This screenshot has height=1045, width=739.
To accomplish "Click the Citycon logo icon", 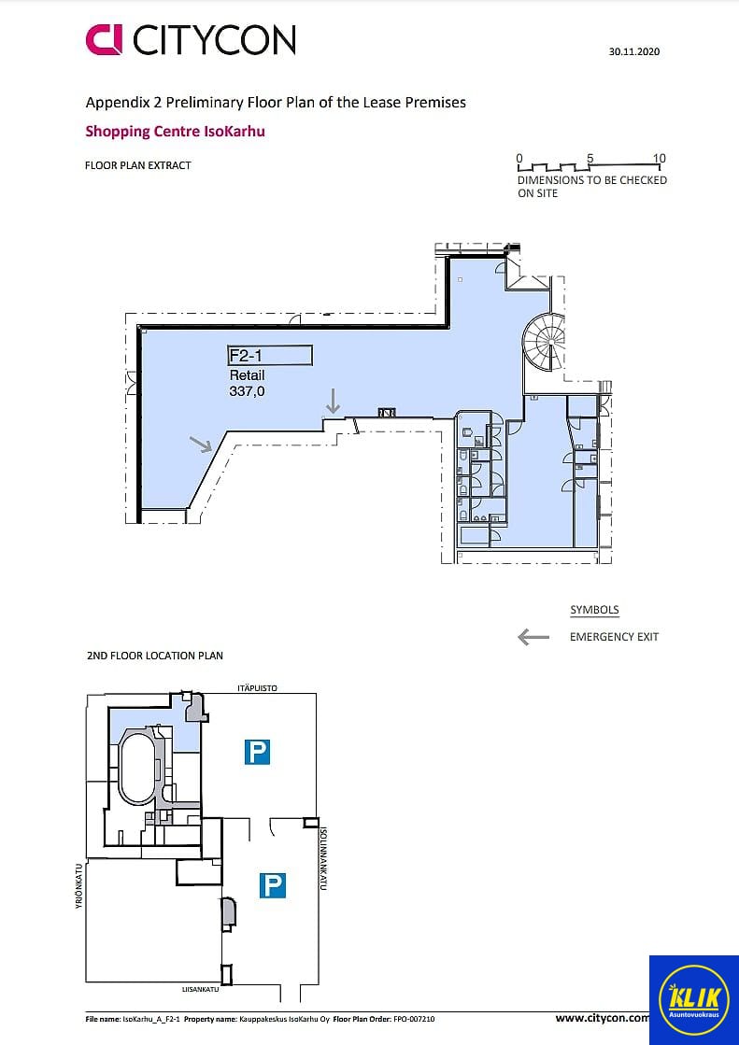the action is point(104,40).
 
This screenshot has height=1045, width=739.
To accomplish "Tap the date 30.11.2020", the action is point(634,51).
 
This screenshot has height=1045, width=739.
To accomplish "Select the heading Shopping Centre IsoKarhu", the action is point(175,132).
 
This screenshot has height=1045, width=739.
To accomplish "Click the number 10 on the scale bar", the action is point(659,158).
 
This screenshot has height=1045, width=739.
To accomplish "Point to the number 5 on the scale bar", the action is point(590,158).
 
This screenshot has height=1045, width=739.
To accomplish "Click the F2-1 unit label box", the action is point(270,355).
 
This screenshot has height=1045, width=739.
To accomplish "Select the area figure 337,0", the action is point(247,391).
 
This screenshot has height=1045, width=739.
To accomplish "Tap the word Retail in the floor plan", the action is point(247,375).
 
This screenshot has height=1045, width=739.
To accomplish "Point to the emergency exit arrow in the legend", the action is point(533,637).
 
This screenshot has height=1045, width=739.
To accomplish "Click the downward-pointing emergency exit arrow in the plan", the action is point(333,401).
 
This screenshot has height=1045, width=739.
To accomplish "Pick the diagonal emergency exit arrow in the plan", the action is point(201,445).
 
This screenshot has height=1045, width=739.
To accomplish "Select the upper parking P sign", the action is point(257,752).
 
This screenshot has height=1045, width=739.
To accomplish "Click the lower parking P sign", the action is point(273,885).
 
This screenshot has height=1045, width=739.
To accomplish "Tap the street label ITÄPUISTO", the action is point(258,687).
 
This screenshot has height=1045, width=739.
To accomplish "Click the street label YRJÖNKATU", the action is point(78,886).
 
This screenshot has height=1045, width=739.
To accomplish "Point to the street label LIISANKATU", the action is point(200,990).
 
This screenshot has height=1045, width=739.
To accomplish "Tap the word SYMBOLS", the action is point(594,610).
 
